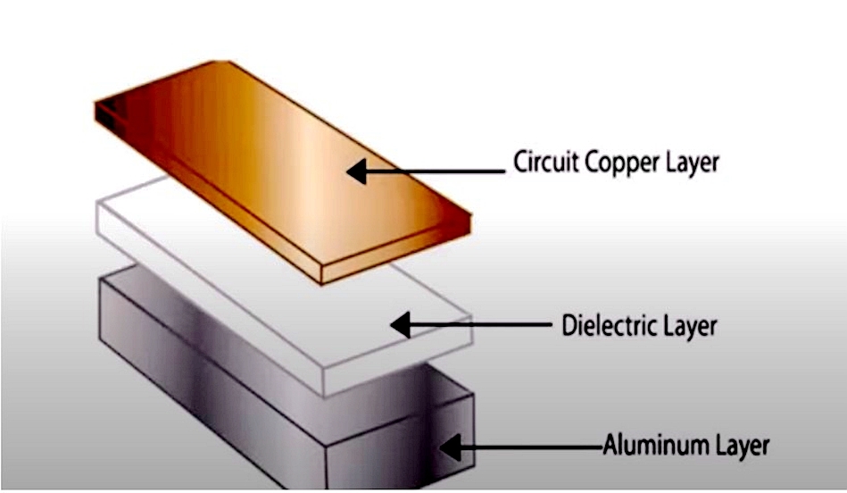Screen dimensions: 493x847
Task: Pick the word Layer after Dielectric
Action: tap(689, 326)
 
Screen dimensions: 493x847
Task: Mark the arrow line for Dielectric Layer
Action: tap(482, 326)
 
